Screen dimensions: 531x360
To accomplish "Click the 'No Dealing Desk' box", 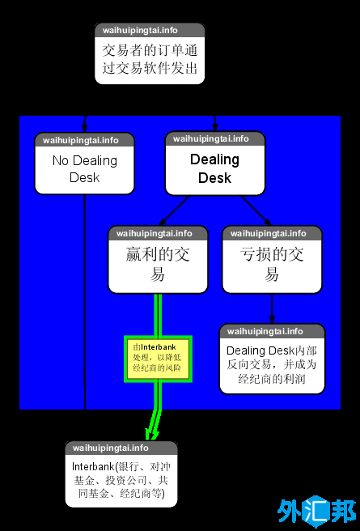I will [x=84, y=169].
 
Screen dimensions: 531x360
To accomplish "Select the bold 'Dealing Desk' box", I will [x=214, y=168].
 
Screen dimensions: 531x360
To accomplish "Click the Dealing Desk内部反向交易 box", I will [x=272, y=365].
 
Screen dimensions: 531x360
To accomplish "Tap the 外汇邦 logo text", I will [x=317, y=512].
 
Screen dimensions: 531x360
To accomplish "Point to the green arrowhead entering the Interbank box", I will [x=149, y=433].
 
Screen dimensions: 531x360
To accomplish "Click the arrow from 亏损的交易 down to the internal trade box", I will [x=272, y=308].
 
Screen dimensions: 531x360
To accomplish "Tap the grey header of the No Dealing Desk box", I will [x=84, y=140].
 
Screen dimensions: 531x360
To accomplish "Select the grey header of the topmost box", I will [x=150, y=31].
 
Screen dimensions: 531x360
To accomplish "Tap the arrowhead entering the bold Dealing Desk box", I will [x=215, y=126].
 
